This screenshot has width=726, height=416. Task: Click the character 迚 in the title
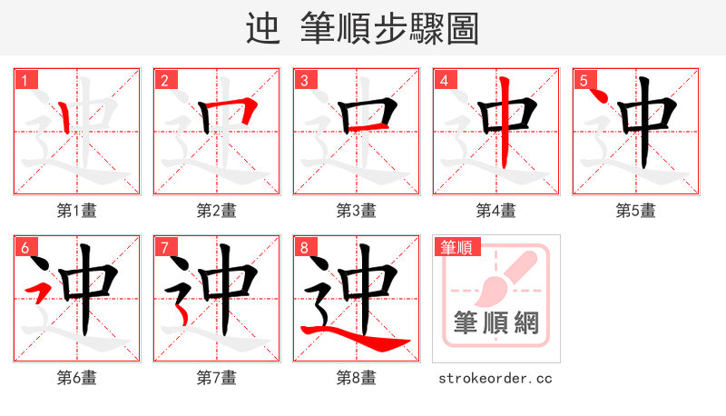point(262,29)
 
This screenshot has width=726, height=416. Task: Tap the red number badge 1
point(24,80)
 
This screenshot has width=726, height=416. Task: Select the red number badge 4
point(443,80)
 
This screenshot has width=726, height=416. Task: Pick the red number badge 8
point(303,247)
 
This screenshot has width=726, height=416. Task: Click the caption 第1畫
point(76,211)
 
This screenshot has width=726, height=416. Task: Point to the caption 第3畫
point(356,211)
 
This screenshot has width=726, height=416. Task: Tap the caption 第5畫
point(635,211)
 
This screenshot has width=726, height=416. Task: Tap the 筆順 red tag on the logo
point(456,247)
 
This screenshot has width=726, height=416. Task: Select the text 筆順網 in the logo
point(495,322)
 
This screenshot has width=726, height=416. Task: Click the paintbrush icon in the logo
point(504,277)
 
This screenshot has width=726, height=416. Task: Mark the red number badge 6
point(24,247)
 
